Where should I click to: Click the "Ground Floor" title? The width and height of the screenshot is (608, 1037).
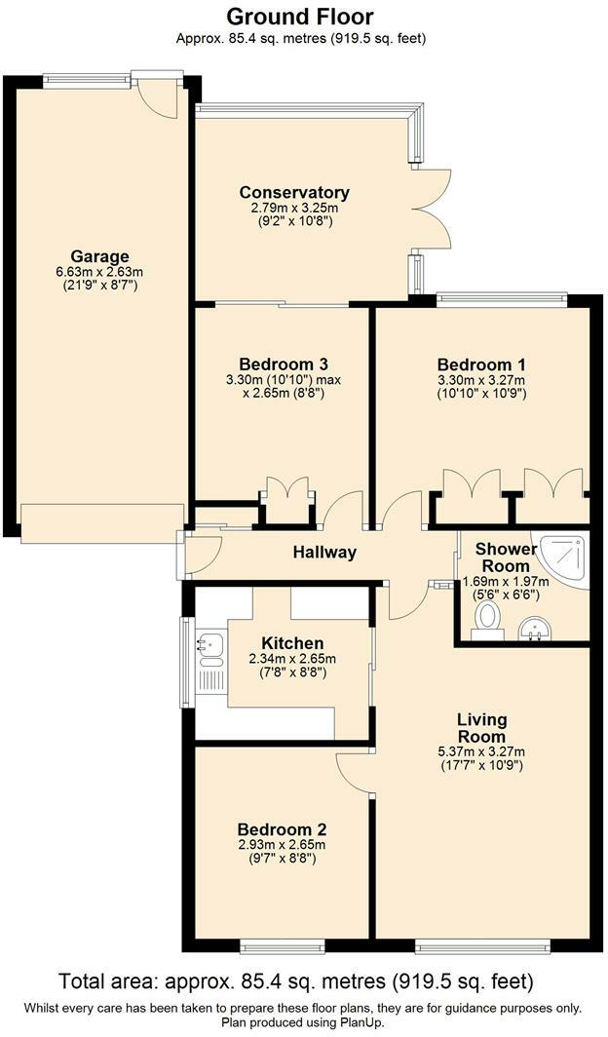[301, 17]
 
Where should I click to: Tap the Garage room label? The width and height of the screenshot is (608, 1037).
[99, 256]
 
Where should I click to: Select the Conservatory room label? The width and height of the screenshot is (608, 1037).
[294, 192]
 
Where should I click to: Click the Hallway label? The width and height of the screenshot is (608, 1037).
[324, 552]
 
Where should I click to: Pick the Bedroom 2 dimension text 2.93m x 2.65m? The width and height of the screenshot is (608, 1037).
[282, 845]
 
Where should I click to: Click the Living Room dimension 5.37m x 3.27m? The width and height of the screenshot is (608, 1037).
[482, 752]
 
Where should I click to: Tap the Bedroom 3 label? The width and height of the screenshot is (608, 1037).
[284, 365]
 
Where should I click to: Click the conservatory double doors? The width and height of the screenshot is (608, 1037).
[433, 209]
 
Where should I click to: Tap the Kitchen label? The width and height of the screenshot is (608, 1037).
[292, 643]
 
